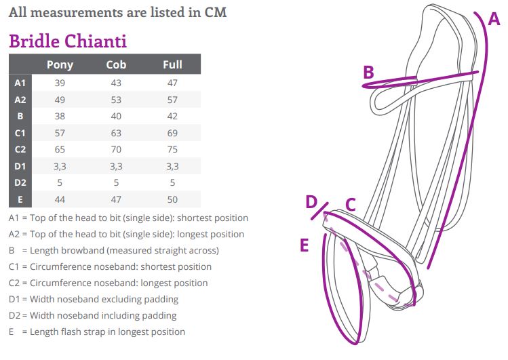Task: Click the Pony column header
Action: coord(60,65)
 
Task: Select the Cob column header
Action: coord(116,65)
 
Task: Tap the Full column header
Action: coord(172,65)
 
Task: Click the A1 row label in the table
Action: coord(20,83)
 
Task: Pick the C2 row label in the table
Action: coord(20,150)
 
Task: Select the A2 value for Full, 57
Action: coord(172,100)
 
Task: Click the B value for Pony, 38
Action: coord(60,116)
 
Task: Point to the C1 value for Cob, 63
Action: coord(116,133)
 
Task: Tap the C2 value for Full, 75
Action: coord(172,149)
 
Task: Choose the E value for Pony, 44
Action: coord(60,199)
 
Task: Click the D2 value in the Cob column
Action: coord(116,183)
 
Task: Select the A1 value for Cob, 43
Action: coord(116,83)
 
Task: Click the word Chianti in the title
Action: coord(95,41)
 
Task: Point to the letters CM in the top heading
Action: coord(216,12)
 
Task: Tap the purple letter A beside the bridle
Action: coord(494,19)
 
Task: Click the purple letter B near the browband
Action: coord(369,72)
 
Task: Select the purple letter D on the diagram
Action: coord(311,201)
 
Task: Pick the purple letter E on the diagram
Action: coord(305,245)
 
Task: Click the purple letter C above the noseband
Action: coord(351,205)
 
